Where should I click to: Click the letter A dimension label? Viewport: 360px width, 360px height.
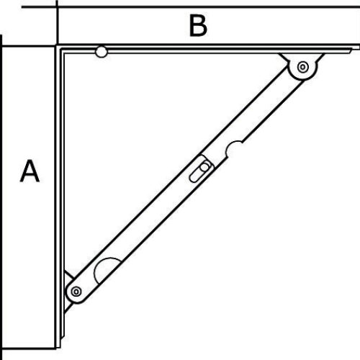(30, 171)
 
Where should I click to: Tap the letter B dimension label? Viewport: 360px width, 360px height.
(198, 25)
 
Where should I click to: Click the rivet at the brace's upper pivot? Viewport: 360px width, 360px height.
(303, 67)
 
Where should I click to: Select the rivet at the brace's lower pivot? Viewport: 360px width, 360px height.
(76, 292)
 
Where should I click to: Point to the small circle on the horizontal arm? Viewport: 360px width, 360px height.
(102, 52)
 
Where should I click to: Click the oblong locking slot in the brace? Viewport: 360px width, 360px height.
(199, 171)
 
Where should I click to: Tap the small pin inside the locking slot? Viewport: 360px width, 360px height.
(204, 167)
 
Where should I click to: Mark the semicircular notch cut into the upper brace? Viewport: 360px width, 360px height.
(234, 148)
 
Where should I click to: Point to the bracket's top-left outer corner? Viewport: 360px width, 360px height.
(57, 45)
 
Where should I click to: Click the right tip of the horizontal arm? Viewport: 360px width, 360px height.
(359, 47)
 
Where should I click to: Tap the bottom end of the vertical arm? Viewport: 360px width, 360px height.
(58, 348)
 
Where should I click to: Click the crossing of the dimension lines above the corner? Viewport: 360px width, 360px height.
(57, 6)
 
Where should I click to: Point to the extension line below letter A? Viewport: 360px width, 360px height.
(28, 348)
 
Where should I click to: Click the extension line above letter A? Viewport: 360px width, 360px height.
(28, 45)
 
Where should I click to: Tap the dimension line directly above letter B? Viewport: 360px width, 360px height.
(191, 6)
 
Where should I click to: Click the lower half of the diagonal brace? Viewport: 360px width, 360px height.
(139, 230)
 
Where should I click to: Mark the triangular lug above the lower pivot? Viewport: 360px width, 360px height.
(68, 277)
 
